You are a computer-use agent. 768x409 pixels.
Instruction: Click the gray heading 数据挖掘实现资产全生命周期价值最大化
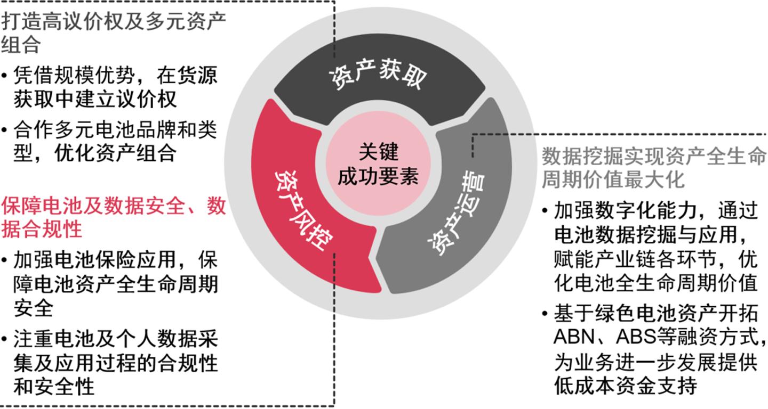coord(654,168)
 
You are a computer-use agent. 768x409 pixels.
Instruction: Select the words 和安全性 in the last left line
coord(54,386)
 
